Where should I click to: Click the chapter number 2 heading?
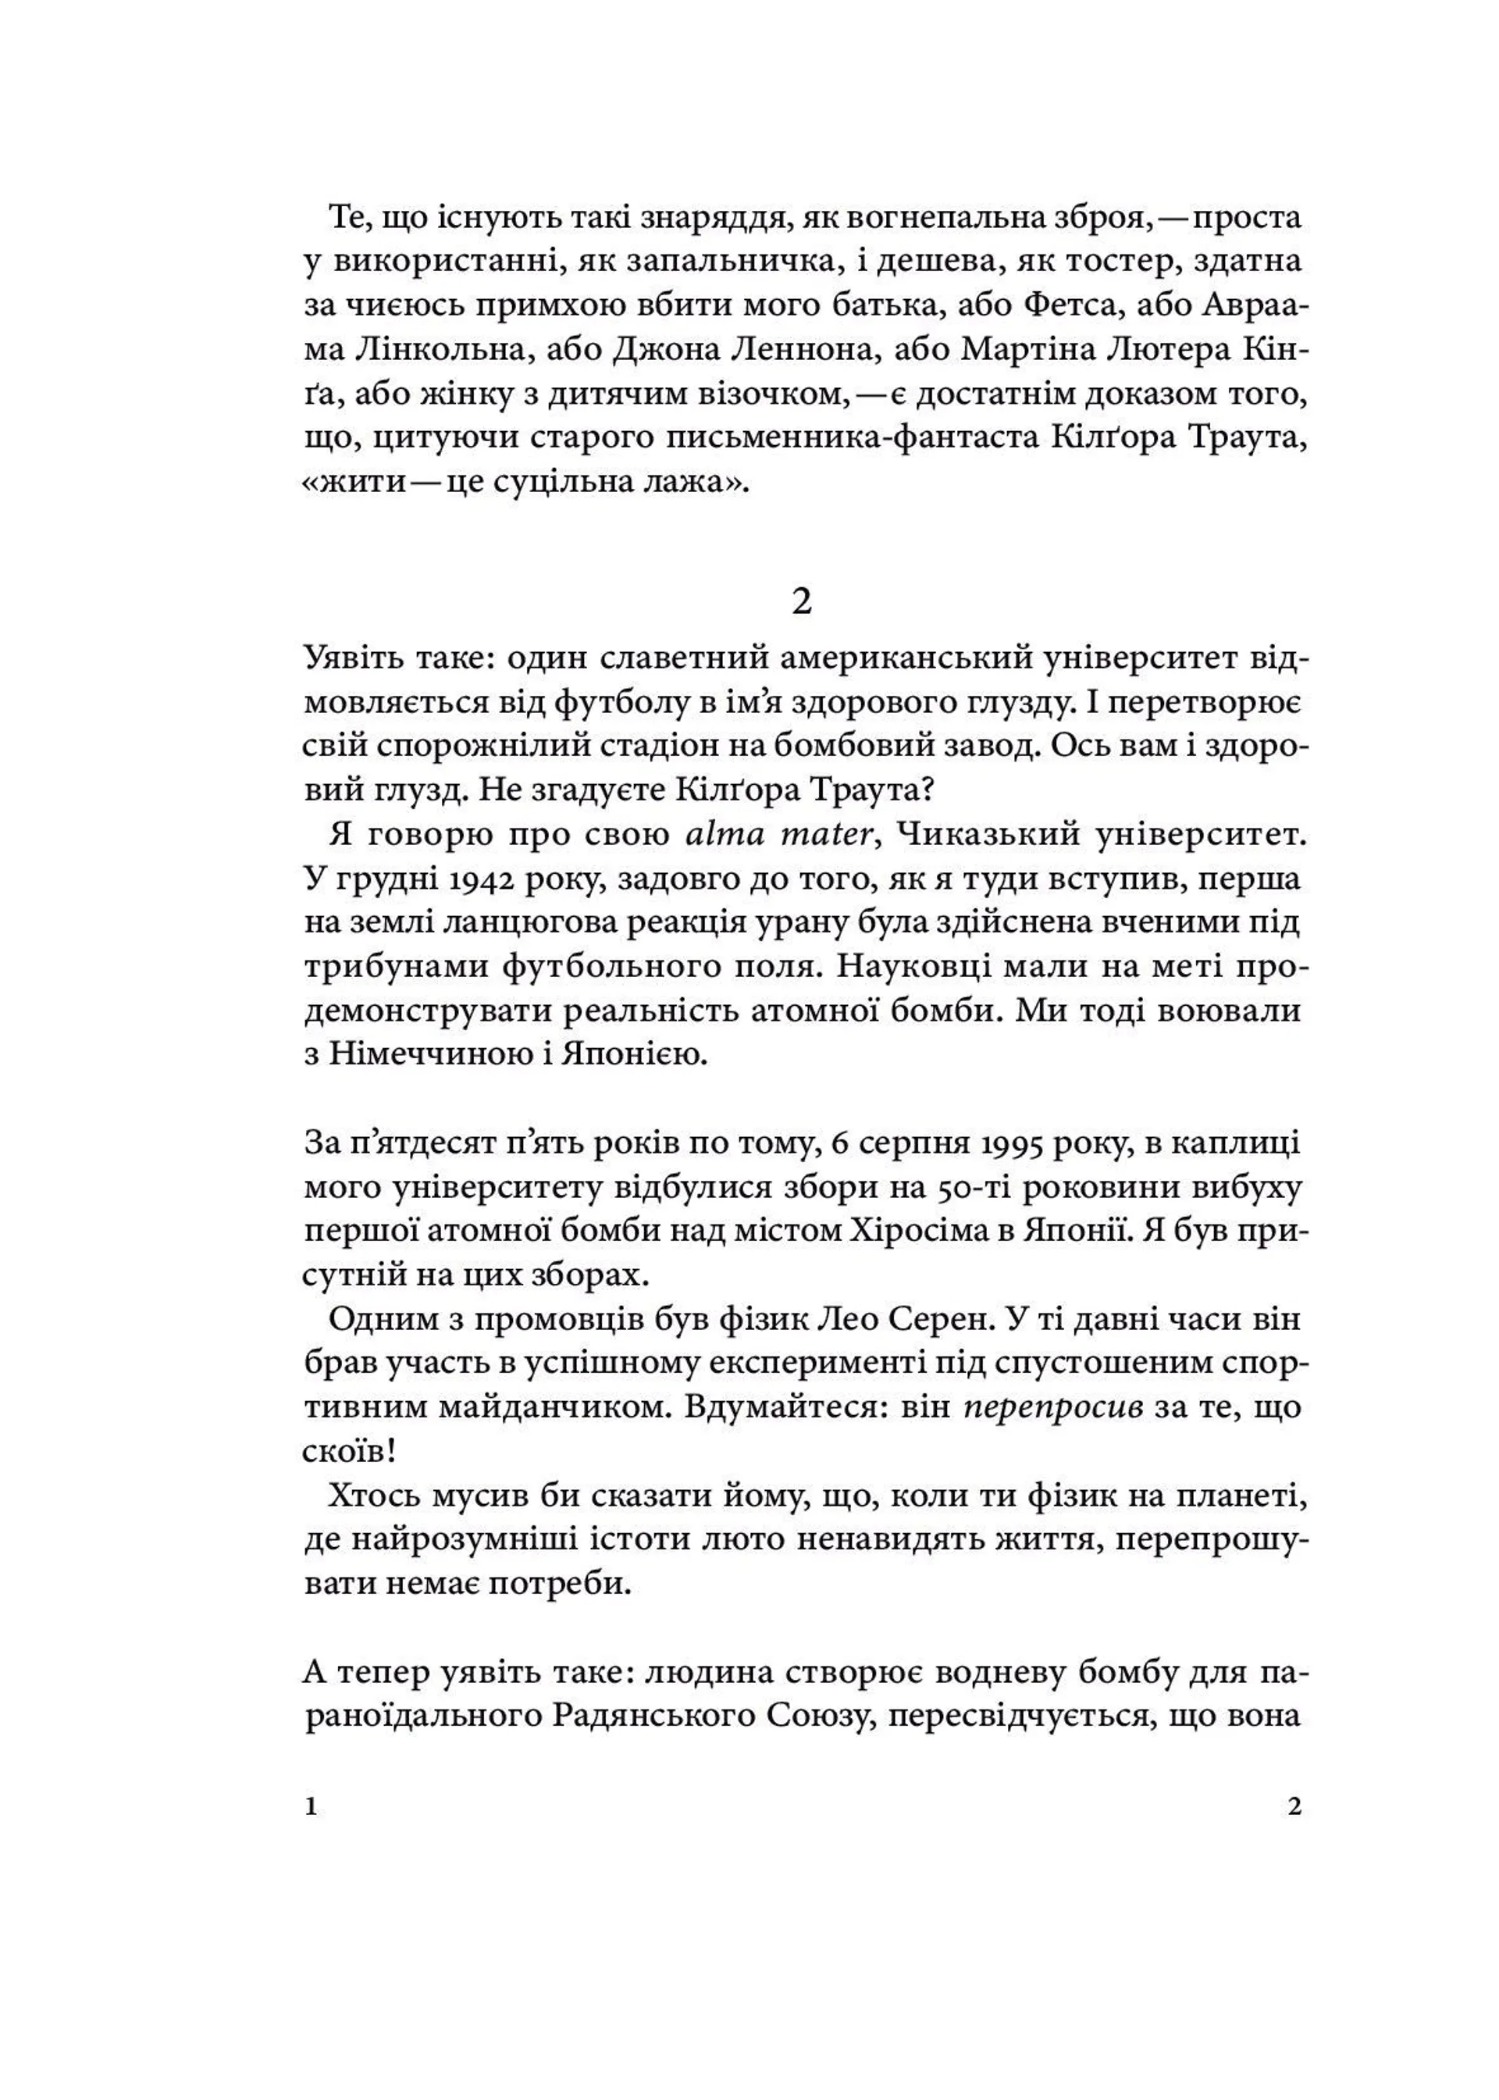tap(801, 603)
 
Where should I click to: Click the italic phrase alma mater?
tap(780, 835)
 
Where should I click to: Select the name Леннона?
tap(812, 351)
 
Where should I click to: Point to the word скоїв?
tap(350, 1451)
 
